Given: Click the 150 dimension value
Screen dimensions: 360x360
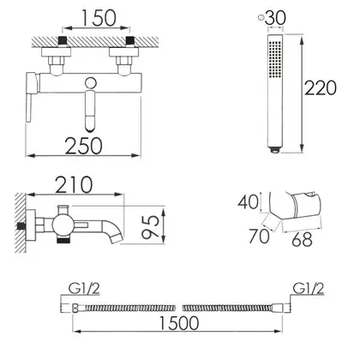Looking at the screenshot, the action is [99, 18].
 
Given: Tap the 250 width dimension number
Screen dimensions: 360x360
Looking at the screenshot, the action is [83, 146].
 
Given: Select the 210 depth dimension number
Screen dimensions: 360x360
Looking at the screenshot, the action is [74, 185].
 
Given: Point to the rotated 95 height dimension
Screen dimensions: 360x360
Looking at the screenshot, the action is [151, 226].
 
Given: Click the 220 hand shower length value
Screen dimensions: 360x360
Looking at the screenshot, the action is [321, 88].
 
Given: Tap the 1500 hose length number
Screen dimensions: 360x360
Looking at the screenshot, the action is [178, 322].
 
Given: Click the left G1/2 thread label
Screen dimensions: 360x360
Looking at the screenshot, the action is [84, 289].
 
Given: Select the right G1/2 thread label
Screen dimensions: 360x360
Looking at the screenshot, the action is [309, 289].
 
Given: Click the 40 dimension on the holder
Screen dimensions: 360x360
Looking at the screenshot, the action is [248, 202].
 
